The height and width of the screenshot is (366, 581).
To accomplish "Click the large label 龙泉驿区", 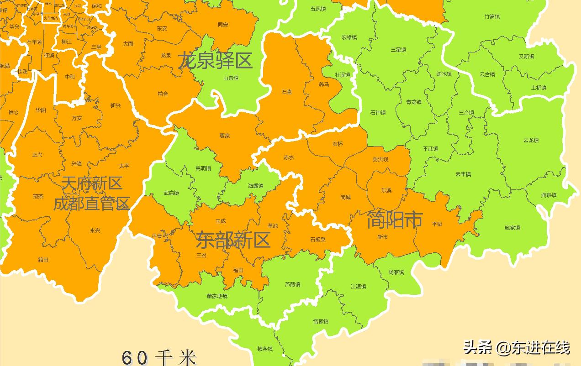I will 215,60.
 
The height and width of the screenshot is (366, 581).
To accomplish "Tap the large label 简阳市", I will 395,220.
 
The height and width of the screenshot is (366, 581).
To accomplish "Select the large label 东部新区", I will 233,240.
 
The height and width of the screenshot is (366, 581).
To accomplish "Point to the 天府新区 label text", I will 92,183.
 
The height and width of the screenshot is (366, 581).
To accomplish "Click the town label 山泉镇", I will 231,78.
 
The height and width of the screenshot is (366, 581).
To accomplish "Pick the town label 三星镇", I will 398,50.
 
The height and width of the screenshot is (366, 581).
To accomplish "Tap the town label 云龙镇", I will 531,141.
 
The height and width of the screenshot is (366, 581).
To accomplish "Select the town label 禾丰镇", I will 463,174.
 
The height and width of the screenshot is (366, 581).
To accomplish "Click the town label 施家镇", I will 512,227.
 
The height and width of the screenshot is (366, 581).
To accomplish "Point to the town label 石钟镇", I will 378,112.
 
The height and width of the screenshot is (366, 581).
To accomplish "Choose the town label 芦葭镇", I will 292,285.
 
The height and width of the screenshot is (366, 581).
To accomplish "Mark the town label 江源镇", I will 358,287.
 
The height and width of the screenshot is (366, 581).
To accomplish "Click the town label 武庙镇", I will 171,193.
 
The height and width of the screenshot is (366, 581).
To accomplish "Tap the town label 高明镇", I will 203,168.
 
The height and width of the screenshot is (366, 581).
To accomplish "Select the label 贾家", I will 224,136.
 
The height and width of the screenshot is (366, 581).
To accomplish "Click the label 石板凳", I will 318,240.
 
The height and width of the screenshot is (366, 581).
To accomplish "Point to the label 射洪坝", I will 380,159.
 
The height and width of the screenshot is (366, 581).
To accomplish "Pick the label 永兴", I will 95,231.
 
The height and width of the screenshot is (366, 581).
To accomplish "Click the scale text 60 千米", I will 159,357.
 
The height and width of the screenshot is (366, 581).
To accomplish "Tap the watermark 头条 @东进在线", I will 517,348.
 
